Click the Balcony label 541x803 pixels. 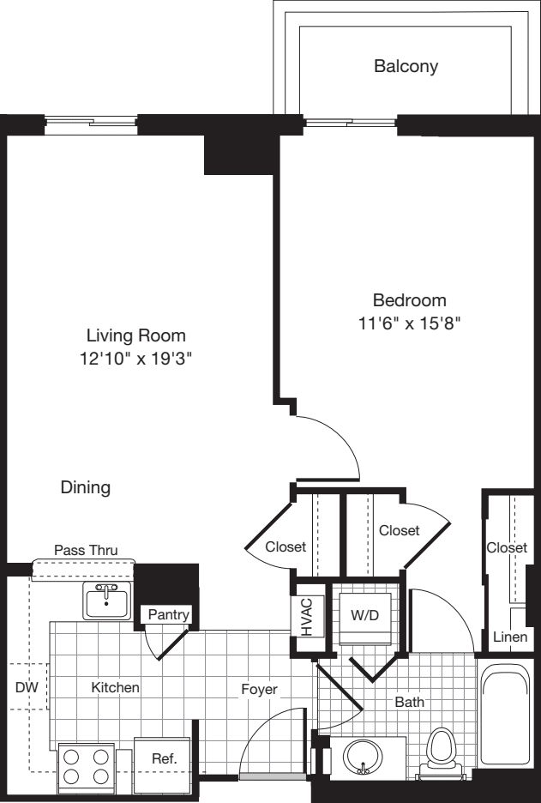pyautogui.click(x=406, y=66)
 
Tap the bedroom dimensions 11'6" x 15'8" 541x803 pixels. pyautogui.click(x=409, y=323)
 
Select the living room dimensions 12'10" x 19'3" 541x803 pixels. pyautogui.click(x=135, y=359)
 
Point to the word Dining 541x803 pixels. pyautogui.click(x=85, y=487)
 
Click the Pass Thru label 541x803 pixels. pyautogui.click(x=86, y=550)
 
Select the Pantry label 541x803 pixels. pyautogui.click(x=168, y=614)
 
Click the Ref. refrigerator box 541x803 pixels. pyautogui.click(x=163, y=759)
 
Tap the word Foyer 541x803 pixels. pyautogui.click(x=258, y=688)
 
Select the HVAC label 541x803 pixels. pyautogui.click(x=306, y=616)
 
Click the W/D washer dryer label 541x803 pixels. pyautogui.click(x=365, y=615)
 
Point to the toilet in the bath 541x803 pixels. pyautogui.click(x=441, y=749)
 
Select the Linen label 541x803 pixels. pyautogui.click(x=510, y=637)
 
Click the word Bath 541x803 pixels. pyautogui.click(x=409, y=702)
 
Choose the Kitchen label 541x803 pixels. pyautogui.click(x=116, y=687)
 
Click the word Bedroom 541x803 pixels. pyautogui.click(x=409, y=300)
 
